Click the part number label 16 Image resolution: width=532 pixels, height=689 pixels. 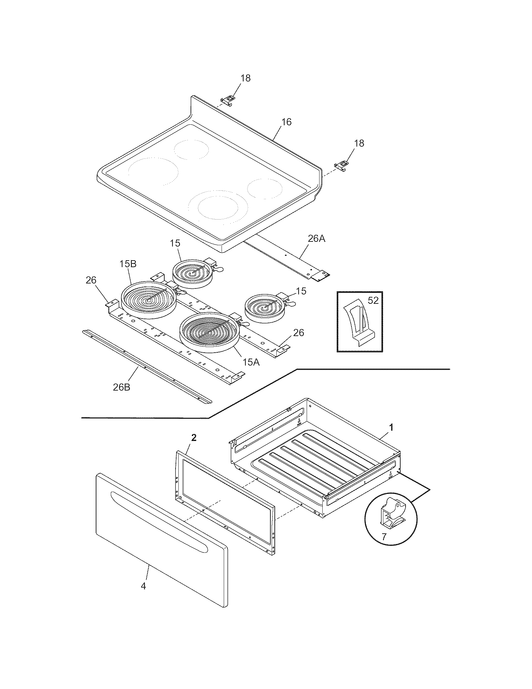pos(286,122)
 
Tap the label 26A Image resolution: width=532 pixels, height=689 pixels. pos(316,239)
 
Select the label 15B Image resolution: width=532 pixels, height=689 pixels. pos(128,264)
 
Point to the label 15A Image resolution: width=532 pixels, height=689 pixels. pos(251,362)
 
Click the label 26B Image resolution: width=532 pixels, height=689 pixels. pos(122,387)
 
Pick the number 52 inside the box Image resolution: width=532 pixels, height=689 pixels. pos(373,301)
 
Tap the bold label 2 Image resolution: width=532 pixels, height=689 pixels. pos(194,437)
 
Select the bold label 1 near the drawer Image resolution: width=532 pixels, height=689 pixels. pos(391,427)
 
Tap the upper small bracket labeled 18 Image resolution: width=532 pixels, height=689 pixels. pos(228,100)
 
